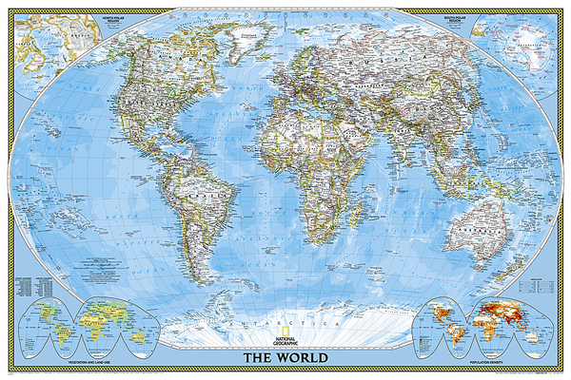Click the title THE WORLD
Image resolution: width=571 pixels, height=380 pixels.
pos(285,357)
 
